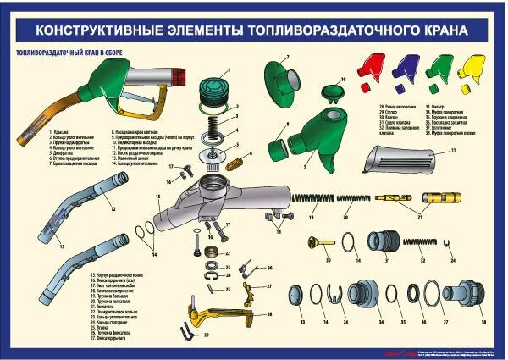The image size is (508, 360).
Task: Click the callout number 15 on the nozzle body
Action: [158, 196]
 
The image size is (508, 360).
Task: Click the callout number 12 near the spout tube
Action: [113, 208]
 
